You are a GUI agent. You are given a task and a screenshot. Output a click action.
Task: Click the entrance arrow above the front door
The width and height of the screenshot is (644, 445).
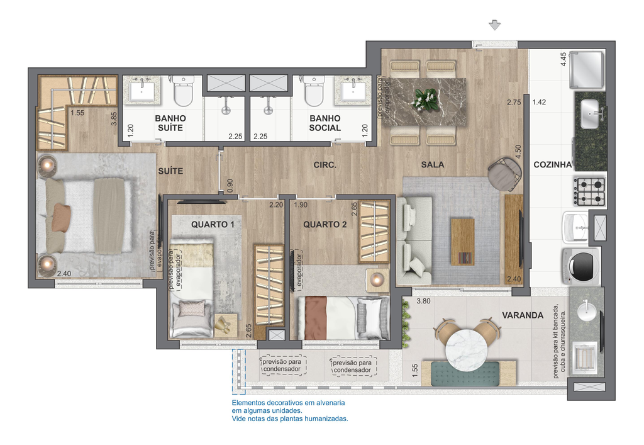pyautogui.click(x=494, y=25)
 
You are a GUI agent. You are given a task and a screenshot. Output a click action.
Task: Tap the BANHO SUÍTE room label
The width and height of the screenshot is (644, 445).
pyautogui.click(x=170, y=123)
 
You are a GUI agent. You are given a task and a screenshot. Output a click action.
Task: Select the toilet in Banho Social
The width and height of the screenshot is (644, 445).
pyautogui.click(x=314, y=91)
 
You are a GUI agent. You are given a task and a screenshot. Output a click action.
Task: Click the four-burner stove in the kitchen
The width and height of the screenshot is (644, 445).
pyautogui.click(x=590, y=191)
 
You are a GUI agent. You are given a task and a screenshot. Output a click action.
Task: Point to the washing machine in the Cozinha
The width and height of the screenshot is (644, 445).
pyautogui.click(x=581, y=266)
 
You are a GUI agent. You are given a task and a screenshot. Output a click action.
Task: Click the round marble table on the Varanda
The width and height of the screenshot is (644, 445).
pyautogui.click(x=467, y=349)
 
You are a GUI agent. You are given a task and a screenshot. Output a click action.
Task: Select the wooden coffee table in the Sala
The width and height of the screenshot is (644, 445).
pyautogui.click(x=462, y=242)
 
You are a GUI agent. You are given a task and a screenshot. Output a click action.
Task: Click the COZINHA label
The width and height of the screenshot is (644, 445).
pyautogui.click(x=552, y=165)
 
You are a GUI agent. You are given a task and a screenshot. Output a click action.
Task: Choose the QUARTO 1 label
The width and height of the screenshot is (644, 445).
pyautogui.click(x=213, y=224)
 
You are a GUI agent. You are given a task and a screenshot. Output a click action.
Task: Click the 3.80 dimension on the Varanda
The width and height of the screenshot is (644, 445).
pyautogui.click(x=423, y=301)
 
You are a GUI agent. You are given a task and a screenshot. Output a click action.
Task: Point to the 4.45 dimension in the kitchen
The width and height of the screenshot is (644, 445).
pyautogui.click(x=563, y=59)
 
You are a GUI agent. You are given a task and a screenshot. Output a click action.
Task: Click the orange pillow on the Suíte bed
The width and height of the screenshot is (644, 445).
pyautogui.click(x=61, y=218)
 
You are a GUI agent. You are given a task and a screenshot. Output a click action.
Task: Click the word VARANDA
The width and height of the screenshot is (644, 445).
pyautogui.click(x=523, y=315)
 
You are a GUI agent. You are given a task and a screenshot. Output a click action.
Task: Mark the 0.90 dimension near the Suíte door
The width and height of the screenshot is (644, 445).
pyautogui.click(x=230, y=185)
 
